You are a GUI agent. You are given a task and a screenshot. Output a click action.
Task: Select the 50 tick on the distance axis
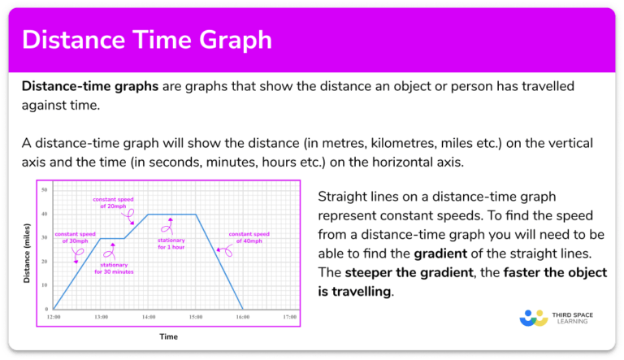pos(45,189)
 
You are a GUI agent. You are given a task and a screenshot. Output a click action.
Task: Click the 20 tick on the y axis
pos(45,262)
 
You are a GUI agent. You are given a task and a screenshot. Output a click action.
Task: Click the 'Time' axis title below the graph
pos(168,336)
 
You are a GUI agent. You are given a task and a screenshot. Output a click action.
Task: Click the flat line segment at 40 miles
pos(171,214)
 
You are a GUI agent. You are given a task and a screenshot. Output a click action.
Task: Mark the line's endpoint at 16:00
pos(242,310)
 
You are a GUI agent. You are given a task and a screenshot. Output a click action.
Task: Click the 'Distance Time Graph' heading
pos(147,40)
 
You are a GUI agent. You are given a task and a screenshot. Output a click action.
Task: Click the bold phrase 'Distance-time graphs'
pos(90,86)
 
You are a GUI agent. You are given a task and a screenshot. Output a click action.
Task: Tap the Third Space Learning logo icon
pos(533,321)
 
